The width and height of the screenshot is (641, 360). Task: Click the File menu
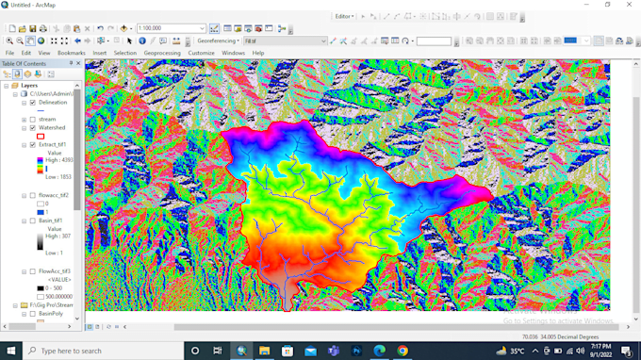[10, 53]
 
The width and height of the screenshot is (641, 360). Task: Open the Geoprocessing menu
[162, 53]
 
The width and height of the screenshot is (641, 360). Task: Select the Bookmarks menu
[71, 53]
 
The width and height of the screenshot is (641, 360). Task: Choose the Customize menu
[201, 53]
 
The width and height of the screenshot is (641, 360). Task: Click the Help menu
[257, 53]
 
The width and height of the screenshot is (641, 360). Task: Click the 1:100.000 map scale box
[171, 29]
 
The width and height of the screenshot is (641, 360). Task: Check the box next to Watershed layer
[33, 127]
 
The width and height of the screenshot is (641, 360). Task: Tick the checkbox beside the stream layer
[33, 119]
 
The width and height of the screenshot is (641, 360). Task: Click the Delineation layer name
[53, 102]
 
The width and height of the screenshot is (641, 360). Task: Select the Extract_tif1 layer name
[55, 145]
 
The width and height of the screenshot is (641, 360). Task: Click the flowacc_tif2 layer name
[54, 195]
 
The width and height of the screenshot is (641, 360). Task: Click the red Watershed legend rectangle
[40, 137]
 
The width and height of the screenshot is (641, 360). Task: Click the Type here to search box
[94, 351]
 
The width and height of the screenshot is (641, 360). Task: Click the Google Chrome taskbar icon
[403, 351]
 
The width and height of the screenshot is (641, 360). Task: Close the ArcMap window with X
[628, 5]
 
